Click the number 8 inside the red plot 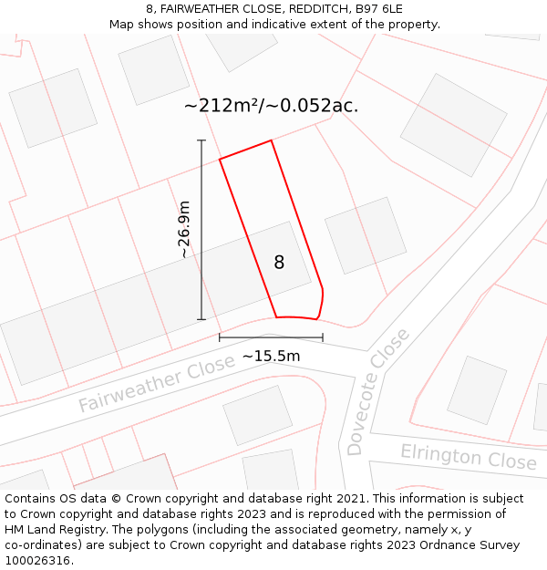pos(279,263)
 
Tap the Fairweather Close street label pos(156,385)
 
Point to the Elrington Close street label pos(469,456)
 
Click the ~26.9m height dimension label pos(184,230)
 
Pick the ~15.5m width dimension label pos(271,356)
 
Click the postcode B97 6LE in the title pos(378,9)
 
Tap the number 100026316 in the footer pos(38,560)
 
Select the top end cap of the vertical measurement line pos(201,140)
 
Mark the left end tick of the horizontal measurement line pos(220,337)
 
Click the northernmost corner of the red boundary pos(271,140)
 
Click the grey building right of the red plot pos(366,235)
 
